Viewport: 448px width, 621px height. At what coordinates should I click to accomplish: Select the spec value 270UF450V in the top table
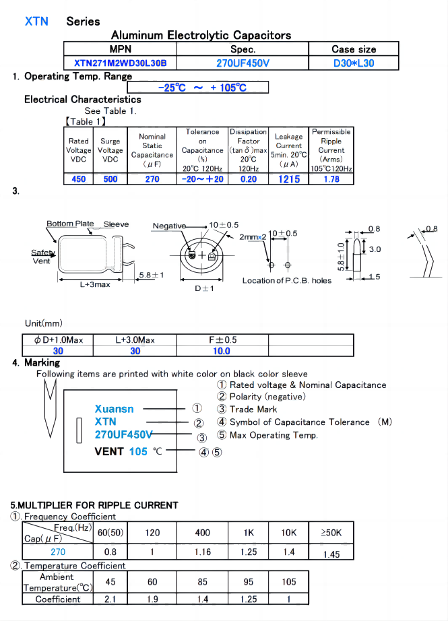tap(243, 63)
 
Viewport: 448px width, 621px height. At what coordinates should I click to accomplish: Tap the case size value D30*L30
tap(354, 63)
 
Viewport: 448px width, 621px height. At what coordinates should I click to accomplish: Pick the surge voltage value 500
tap(110, 179)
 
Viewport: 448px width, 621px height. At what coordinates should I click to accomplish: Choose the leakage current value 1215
tap(288, 179)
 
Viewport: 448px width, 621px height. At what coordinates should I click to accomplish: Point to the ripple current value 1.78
tap(331, 179)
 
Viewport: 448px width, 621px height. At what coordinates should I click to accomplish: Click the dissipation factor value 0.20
tap(249, 179)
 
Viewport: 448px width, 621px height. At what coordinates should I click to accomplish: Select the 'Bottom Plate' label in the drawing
tap(70, 224)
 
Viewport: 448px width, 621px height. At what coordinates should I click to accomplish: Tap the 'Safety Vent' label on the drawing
tap(42, 257)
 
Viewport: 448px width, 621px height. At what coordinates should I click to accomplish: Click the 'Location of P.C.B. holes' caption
tap(287, 281)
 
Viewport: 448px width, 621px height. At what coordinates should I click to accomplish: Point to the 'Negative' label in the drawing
tap(169, 226)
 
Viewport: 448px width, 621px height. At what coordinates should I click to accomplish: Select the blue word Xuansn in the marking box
tap(115, 409)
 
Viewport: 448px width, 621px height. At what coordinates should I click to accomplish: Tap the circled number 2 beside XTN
tap(199, 423)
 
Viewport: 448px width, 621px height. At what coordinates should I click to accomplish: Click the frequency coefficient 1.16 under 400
tap(202, 552)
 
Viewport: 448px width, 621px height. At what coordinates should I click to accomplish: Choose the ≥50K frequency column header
tap(331, 533)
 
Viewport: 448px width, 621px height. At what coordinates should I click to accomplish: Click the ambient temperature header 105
tap(288, 581)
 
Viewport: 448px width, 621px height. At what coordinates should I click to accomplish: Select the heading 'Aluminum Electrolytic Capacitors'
tap(201, 35)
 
